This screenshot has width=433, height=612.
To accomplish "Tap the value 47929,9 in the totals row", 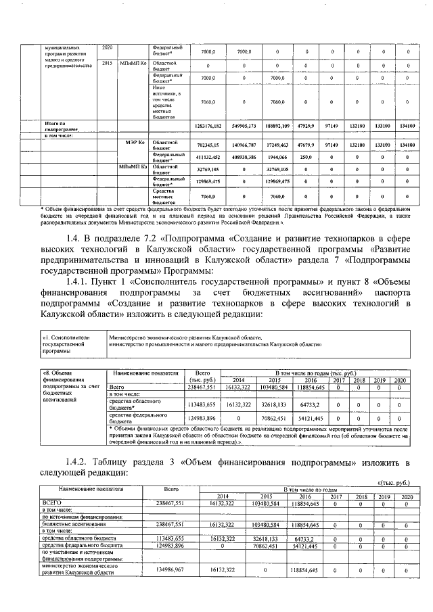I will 306,126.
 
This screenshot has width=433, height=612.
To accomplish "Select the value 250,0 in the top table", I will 306,157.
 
